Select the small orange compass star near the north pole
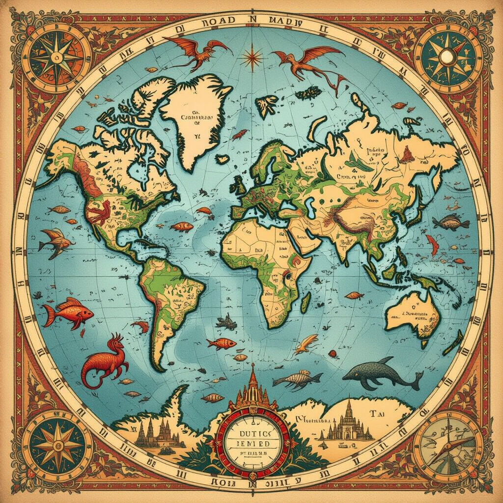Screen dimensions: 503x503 [252, 56]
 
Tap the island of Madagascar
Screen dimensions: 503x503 [305, 300]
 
